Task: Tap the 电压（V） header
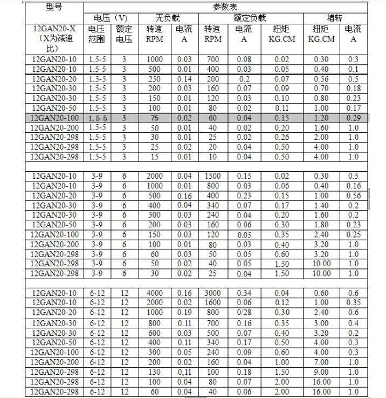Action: coord(111,18)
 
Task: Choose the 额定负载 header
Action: coord(249,18)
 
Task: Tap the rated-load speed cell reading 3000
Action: coord(214,293)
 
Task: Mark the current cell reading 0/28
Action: coord(244,313)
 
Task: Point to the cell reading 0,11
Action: coord(183,372)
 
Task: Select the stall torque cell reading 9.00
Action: coord(321,372)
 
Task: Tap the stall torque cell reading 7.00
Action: coord(321,362)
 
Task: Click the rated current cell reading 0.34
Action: coord(244,293)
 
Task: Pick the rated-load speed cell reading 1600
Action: coord(214,303)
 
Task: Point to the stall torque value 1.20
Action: coord(321,118)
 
